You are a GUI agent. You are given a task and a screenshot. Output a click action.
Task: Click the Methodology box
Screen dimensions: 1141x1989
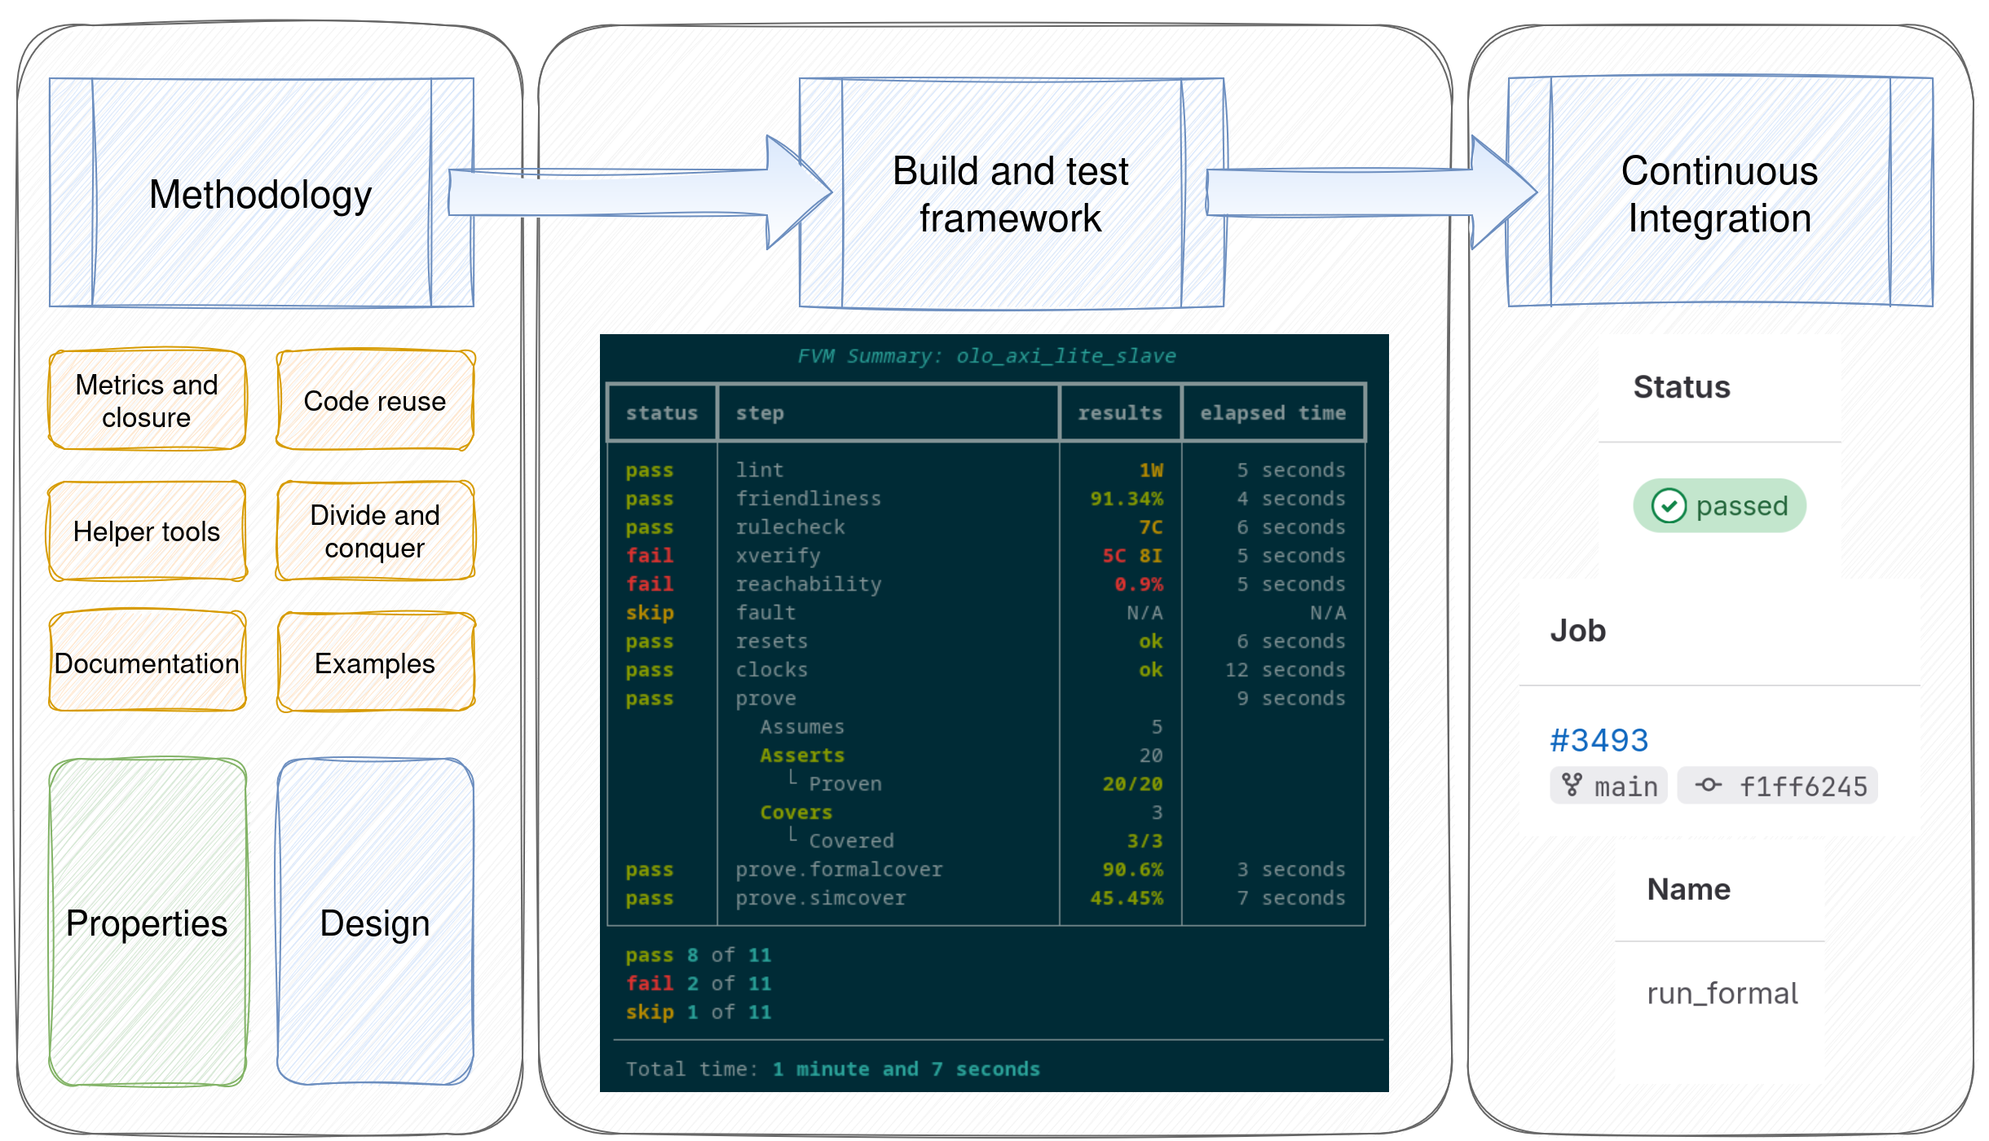click(261, 194)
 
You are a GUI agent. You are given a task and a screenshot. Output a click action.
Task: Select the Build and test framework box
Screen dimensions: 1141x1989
click(1011, 194)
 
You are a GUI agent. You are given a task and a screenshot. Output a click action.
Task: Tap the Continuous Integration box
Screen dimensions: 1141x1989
click(1720, 194)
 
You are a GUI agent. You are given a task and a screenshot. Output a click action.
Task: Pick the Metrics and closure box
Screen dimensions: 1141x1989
click(147, 400)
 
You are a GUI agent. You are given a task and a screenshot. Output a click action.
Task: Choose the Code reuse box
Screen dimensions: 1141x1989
click(375, 400)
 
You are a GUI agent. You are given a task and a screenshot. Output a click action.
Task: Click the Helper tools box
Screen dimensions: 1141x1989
click(147, 531)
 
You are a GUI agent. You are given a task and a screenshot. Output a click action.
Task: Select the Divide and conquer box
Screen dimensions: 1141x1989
click(375, 531)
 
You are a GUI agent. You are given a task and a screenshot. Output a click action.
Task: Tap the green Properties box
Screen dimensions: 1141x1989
click(147, 923)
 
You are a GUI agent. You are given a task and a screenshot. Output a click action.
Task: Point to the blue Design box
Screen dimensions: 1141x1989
click(375, 923)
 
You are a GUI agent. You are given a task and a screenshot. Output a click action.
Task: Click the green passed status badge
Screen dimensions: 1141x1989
click(1719, 505)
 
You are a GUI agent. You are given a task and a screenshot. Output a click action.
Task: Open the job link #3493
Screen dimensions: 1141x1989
click(1599, 740)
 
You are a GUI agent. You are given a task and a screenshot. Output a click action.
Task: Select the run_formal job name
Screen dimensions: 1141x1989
click(1722, 993)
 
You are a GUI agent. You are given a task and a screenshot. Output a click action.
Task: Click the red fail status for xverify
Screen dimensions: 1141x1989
click(650, 556)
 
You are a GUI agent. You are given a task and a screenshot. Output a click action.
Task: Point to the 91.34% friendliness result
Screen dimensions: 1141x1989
click(1127, 499)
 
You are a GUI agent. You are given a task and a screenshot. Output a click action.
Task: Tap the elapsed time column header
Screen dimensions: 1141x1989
click(1272, 413)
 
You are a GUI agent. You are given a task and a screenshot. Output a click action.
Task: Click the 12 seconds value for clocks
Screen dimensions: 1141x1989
click(1285, 670)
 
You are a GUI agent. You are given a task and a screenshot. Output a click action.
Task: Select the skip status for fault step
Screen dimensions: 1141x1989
click(650, 613)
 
